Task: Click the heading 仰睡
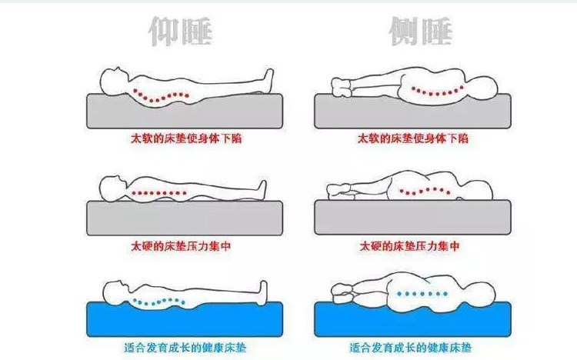[x=181, y=32]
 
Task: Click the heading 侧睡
[x=420, y=32]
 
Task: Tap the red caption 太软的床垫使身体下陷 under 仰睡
[x=186, y=138]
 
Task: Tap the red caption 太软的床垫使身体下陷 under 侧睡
[x=413, y=138]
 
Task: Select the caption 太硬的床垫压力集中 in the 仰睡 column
[x=181, y=246]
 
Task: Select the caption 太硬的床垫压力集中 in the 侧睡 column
[x=409, y=246]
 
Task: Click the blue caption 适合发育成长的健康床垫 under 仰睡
[x=185, y=348]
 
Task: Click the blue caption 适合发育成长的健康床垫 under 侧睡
[x=410, y=348]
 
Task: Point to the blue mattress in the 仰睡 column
[x=185, y=319]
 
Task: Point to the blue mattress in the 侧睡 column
[x=412, y=319]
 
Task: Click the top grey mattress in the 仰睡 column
[x=185, y=112]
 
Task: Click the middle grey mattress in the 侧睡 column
[x=412, y=218]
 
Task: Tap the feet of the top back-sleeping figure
[x=268, y=79]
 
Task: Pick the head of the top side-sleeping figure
[x=483, y=89]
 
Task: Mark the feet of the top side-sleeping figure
[x=341, y=87]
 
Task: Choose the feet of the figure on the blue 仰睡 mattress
[x=263, y=292]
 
